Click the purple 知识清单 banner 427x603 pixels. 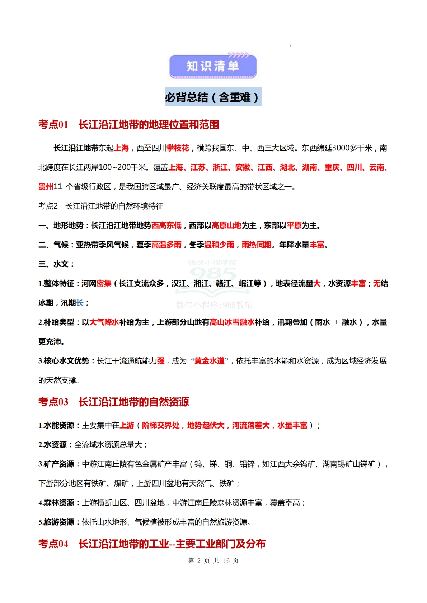click(x=213, y=66)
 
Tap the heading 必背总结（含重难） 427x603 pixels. click(x=213, y=97)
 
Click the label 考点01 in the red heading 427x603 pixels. click(x=53, y=125)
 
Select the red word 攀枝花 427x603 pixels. click(x=178, y=148)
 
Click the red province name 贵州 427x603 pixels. click(x=46, y=187)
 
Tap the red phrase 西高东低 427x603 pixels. click(x=166, y=225)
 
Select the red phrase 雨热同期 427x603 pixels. click(x=257, y=245)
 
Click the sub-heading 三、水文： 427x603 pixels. click(x=56, y=264)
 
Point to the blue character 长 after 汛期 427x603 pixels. click(x=80, y=303)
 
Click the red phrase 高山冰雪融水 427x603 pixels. click(x=232, y=322)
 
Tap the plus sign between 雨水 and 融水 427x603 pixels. click(x=336, y=322)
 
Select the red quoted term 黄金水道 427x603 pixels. click(x=210, y=361)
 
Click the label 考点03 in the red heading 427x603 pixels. click(x=53, y=402)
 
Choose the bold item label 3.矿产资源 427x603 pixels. click(x=56, y=464)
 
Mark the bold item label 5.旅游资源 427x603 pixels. click(x=56, y=522)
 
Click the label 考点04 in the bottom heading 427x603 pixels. click(x=53, y=544)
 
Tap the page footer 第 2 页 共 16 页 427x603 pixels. click(x=213, y=560)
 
